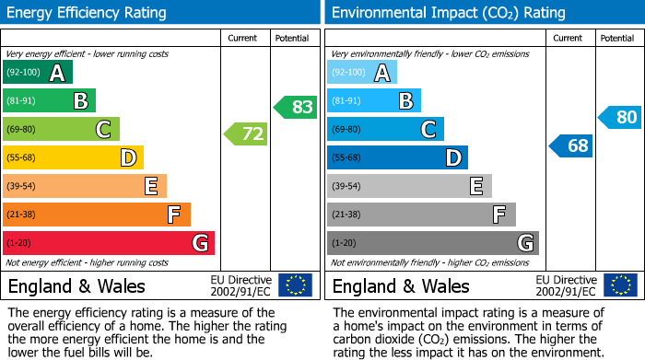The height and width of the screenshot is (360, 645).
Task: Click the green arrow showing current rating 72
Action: pos(246,135)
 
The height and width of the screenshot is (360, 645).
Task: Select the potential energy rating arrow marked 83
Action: pos(295,107)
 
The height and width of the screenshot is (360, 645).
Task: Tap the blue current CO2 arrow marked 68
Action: pos(571,145)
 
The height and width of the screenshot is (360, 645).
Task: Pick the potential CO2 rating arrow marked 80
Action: pos(619,117)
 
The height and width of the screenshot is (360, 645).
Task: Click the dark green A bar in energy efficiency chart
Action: pos(38,73)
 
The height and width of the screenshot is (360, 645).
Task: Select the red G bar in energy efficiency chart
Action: pos(109,243)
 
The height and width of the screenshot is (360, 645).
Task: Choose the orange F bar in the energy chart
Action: pos(97,215)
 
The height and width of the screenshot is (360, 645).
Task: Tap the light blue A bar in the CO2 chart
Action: pos(362,73)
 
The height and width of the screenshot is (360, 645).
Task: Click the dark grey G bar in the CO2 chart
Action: pos(433,243)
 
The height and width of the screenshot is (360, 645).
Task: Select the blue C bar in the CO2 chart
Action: pos(385,130)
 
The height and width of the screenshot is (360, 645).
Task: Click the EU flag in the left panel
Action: pos(295,285)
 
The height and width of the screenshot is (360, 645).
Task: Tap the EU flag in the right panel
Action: pos(619,285)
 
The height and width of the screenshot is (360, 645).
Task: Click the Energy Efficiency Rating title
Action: pos(88,13)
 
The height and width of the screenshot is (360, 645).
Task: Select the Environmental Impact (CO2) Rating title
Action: pos(447,13)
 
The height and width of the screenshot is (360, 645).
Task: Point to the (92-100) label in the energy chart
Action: pos(24,73)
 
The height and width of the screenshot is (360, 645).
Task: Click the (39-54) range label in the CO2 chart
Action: pos(346,187)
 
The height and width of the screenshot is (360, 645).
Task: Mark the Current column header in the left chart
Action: pos(244,38)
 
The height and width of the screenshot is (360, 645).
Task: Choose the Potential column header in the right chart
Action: pos(617,38)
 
